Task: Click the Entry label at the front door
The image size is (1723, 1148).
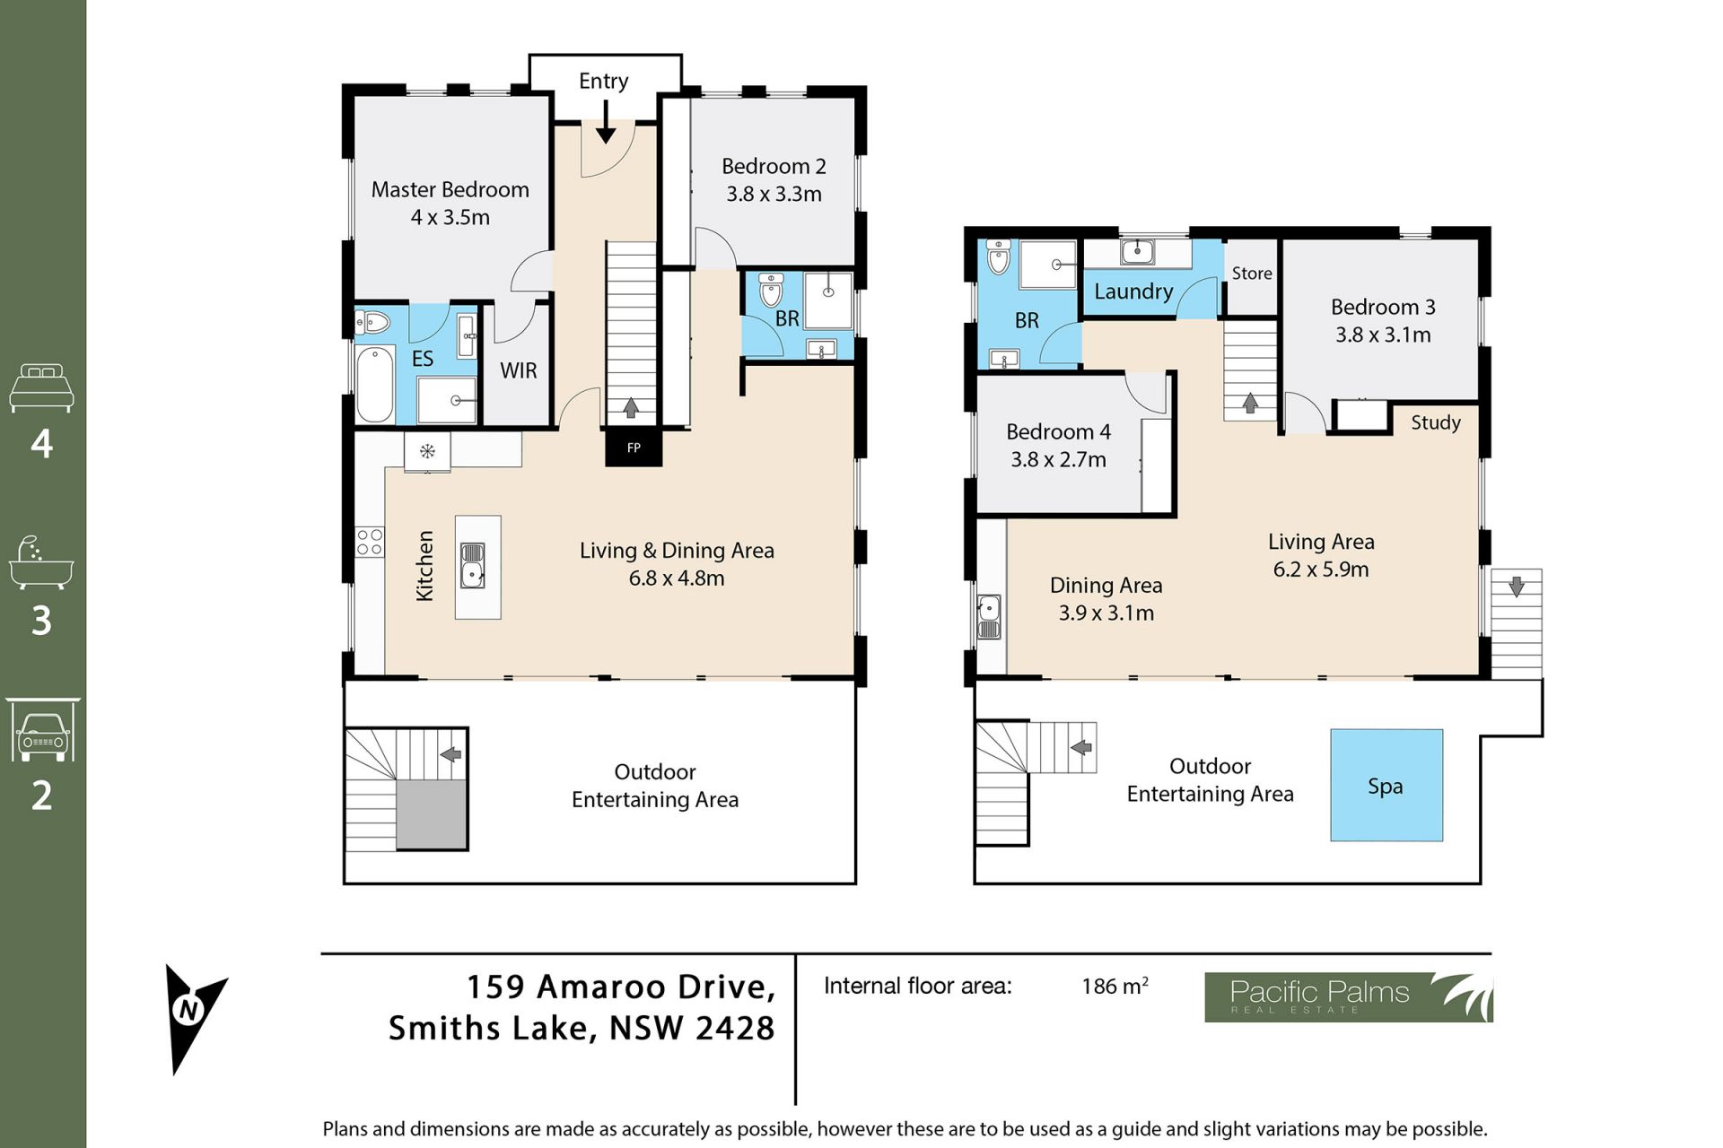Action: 603,81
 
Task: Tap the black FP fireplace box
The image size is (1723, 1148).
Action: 634,448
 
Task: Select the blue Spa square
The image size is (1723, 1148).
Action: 1386,786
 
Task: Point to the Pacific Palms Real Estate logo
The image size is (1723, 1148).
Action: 1348,997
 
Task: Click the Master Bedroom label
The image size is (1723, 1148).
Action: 450,189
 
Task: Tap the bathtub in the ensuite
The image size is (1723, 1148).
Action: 375,384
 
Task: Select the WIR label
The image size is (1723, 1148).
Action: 518,370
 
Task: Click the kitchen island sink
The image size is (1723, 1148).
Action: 472,565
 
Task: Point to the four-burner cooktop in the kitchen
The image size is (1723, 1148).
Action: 370,542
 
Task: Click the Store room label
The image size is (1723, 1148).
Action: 1252,274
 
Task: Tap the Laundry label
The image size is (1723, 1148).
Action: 1133,291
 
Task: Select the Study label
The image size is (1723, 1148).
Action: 1436,422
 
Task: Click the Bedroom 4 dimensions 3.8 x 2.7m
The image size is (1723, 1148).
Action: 1058,459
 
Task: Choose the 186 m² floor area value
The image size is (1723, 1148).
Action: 1115,986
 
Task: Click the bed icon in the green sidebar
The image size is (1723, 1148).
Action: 41,387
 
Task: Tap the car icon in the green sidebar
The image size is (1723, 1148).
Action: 42,730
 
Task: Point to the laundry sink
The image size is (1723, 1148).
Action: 1137,251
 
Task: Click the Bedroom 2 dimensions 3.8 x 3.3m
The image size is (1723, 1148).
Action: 774,194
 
